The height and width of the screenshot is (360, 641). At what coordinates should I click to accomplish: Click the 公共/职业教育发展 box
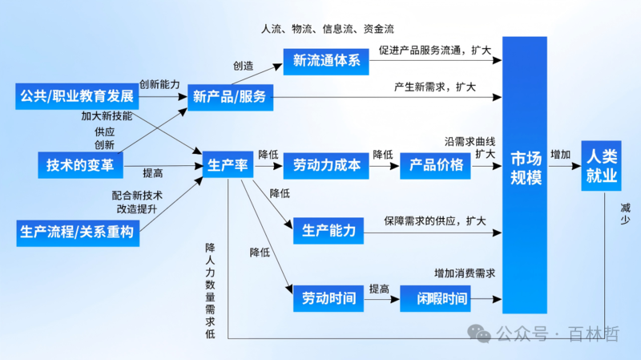(76, 99)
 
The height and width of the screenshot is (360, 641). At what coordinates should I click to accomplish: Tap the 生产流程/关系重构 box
(76, 233)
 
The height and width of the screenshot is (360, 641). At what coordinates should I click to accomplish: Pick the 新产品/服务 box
(229, 99)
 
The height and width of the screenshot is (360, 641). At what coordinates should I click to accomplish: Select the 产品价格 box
(436, 165)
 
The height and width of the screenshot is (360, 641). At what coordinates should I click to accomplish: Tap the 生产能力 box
(329, 231)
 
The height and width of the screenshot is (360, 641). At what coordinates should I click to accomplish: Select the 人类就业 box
(601, 165)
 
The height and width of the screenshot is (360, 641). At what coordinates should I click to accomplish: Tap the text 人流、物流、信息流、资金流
(328, 28)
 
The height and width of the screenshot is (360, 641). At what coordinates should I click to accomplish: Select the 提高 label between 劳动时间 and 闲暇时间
(379, 289)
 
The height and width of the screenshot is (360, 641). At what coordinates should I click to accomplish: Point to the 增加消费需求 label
(465, 273)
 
